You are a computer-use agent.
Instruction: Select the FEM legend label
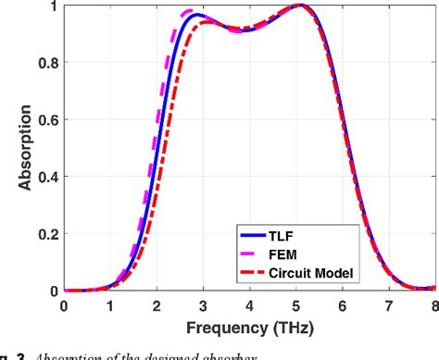tap(288, 254)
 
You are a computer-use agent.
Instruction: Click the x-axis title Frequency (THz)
tap(249, 328)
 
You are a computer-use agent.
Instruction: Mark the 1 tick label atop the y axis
tap(53, 6)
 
